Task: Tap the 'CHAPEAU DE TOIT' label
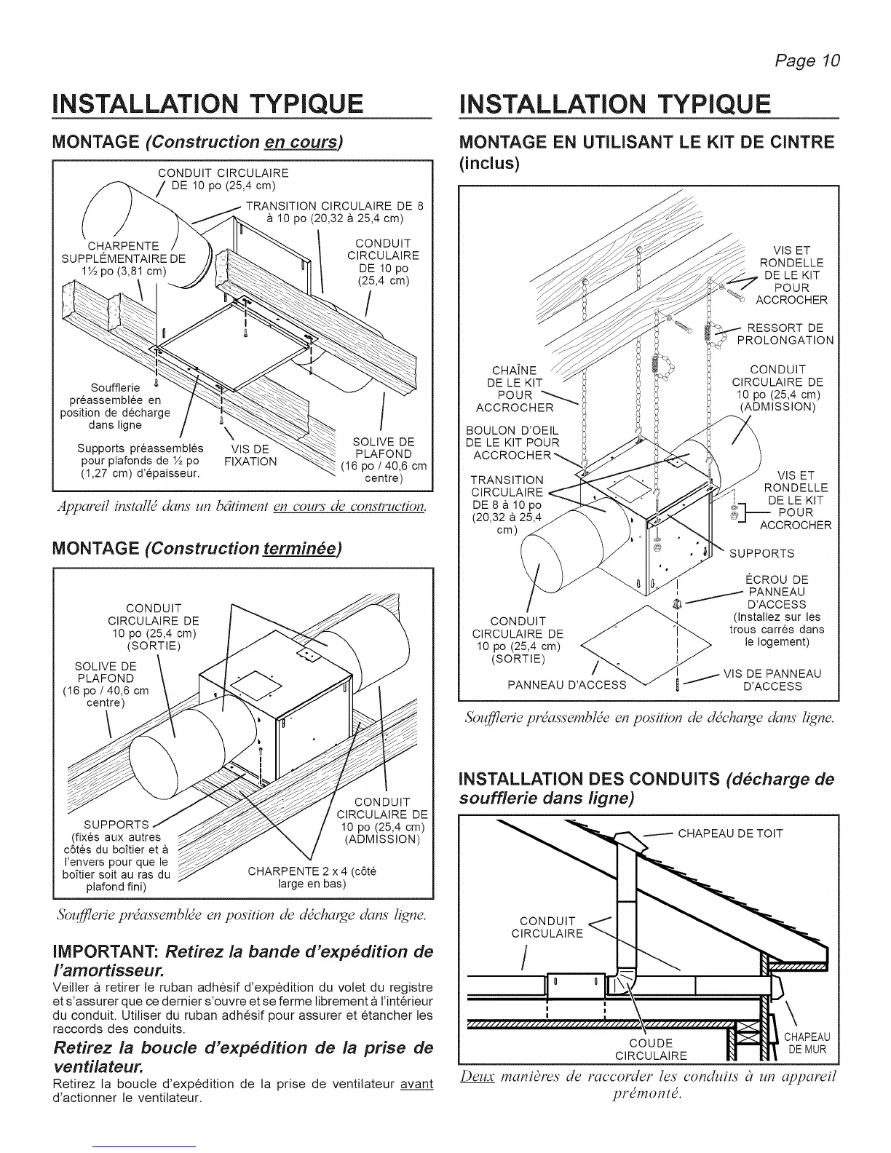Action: [x=730, y=833]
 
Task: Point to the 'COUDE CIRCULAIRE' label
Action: [x=651, y=1050]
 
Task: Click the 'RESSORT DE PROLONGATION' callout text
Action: [x=785, y=333]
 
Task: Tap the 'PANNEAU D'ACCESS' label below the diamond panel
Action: [x=566, y=685]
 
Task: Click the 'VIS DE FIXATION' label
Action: [x=250, y=455]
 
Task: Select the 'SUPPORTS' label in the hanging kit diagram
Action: [x=761, y=554]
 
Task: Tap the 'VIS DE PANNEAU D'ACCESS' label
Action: [x=772, y=680]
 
